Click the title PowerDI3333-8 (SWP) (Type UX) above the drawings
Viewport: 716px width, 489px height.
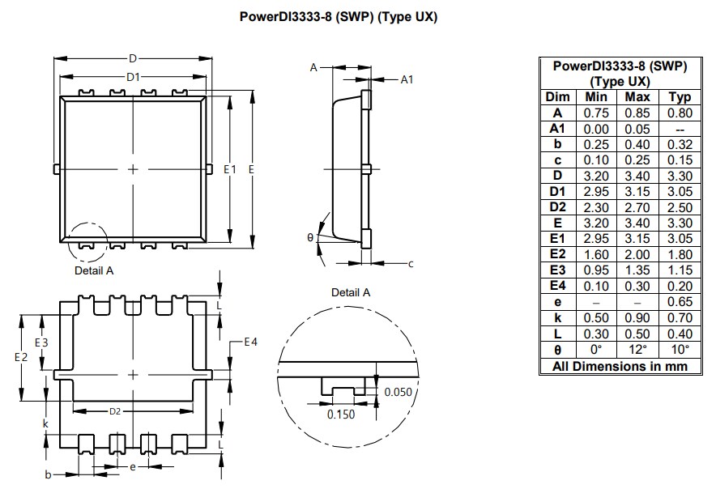339,17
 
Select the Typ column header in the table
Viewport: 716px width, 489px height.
680,97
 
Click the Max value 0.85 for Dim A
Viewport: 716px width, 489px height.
637,113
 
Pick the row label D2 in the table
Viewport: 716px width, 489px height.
557,207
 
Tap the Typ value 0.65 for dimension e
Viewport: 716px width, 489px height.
680,302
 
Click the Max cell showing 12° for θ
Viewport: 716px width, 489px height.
637,350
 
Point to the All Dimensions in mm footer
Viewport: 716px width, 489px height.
620,366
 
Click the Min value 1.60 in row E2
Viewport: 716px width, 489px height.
596,255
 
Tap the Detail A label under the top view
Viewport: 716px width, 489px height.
94,270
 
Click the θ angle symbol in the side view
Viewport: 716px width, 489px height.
310,238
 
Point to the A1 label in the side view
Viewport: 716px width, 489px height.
407,79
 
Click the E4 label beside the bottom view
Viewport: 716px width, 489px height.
251,342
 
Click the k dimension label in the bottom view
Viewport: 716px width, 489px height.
45,423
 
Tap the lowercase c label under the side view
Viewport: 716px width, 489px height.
411,263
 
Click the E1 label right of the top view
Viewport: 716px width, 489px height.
229,169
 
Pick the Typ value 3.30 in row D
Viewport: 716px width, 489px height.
680,176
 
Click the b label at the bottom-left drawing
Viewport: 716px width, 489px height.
48,474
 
